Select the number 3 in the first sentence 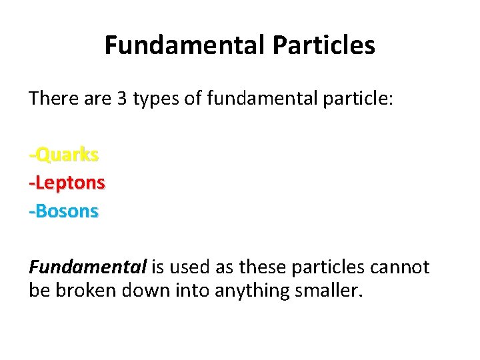[121, 100]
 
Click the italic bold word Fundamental [87, 267]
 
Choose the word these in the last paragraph [263, 267]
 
